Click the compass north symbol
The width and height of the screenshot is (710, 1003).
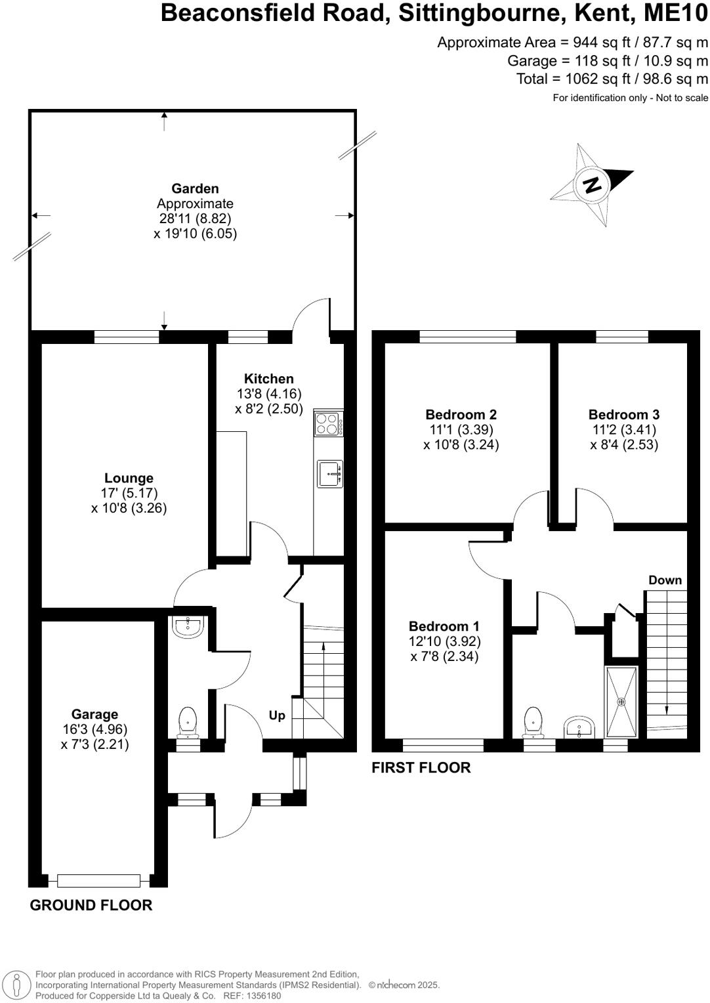(x=592, y=185)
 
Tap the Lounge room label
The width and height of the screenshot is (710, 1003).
(x=129, y=479)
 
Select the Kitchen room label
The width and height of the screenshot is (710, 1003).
(x=268, y=379)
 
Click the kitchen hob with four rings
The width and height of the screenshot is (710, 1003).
(x=328, y=423)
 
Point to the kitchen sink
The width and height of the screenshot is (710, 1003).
(x=329, y=473)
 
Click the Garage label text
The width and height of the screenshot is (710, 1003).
(x=94, y=714)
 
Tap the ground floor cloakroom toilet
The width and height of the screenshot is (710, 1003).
(x=188, y=723)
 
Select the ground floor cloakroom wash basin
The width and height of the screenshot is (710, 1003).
(x=188, y=626)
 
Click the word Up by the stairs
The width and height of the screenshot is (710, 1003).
(x=277, y=715)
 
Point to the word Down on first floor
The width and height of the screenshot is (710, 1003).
(x=665, y=580)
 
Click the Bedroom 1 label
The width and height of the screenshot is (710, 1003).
(x=444, y=626)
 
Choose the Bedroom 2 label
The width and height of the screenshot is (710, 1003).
(x=461, y=415)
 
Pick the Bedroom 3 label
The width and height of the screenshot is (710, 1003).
(x=623, y=415)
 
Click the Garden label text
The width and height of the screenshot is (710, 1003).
(x=195, y=189)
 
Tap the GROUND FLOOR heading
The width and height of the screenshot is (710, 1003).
(x=91, y=905)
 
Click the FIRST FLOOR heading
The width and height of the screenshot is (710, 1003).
(x=421, y=767)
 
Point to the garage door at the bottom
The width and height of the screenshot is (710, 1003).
(x=98, y=880)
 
